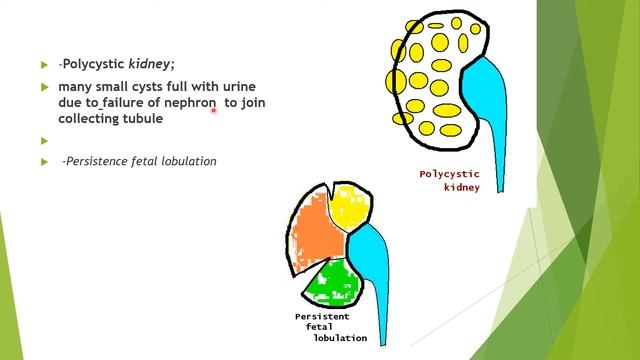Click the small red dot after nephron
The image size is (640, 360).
214,112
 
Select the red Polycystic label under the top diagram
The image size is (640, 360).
449,174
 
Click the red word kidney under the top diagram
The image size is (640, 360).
462,187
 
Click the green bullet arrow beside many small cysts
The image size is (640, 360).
44,87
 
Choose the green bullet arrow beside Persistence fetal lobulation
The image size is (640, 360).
44,161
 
